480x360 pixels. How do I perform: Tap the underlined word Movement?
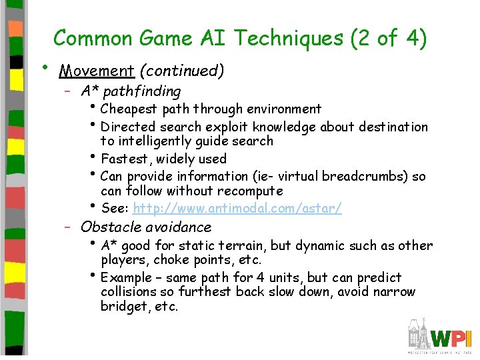tap(87, 71)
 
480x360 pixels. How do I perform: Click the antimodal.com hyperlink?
tap(237, 209)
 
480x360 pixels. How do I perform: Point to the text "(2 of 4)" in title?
tap(388, 39)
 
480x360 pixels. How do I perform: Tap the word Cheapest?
tap(127, 109)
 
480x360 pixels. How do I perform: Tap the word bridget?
tap(122, 307)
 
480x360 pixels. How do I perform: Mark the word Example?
tap(127, 277)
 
